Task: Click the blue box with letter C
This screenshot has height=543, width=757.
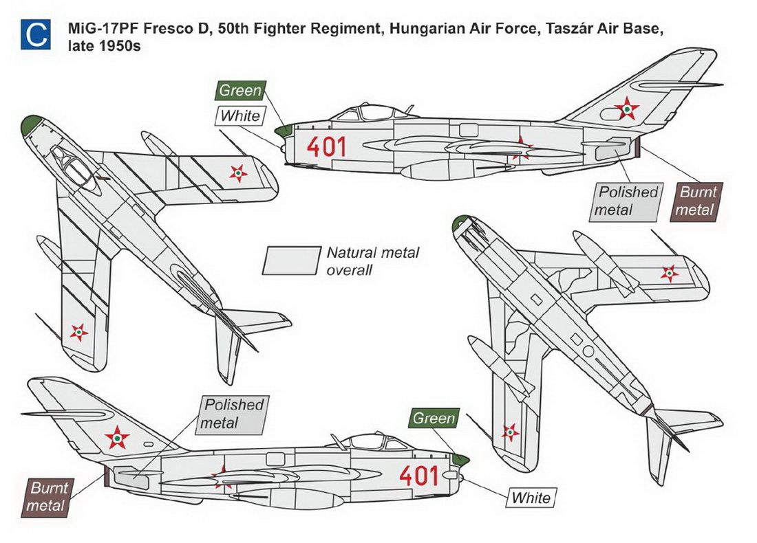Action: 35,34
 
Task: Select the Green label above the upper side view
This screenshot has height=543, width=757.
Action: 240,91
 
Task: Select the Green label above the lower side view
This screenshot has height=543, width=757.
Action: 434,419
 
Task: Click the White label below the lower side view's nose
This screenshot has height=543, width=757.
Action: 531,497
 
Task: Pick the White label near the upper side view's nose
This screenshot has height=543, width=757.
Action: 240,115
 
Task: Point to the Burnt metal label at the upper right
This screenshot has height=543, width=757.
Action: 696,201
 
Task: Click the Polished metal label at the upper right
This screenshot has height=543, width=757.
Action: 627,201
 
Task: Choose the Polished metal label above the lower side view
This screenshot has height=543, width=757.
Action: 233,414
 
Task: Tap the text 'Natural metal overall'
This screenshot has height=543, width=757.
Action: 372,261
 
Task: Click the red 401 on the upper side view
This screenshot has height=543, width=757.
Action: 326,146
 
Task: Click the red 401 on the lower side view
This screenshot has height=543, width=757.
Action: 418,476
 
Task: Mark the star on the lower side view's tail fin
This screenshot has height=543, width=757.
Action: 118,436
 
